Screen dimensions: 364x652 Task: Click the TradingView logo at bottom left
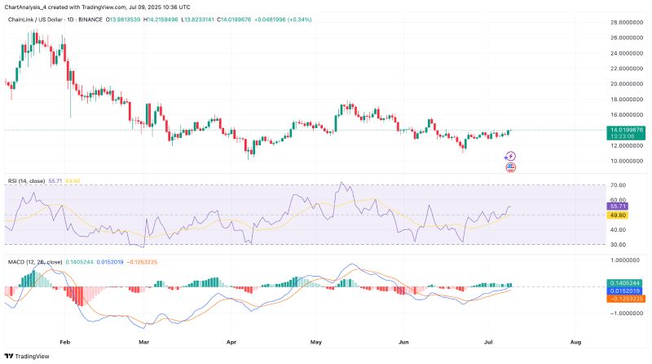(x=27, y=356)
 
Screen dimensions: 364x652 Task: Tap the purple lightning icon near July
(x=511, y=156)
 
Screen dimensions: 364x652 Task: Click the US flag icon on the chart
(x=511, y=167)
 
